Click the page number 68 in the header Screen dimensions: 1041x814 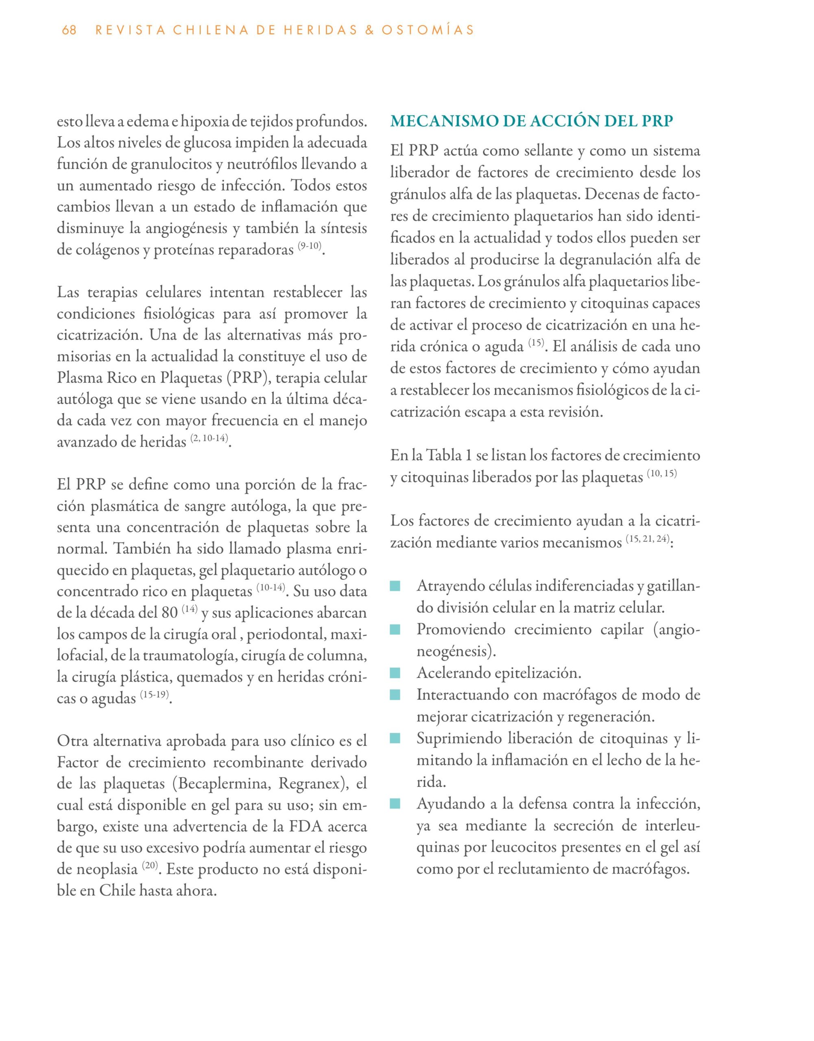pos(69,30)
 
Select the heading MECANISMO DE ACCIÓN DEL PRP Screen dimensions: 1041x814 pos(532,121)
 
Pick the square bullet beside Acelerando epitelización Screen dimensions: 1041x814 pos(395,673)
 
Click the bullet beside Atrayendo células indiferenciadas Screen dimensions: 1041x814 pos(395,586)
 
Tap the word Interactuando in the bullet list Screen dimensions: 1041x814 pos(462,695)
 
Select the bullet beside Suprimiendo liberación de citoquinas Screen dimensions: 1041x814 pos(395,739)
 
